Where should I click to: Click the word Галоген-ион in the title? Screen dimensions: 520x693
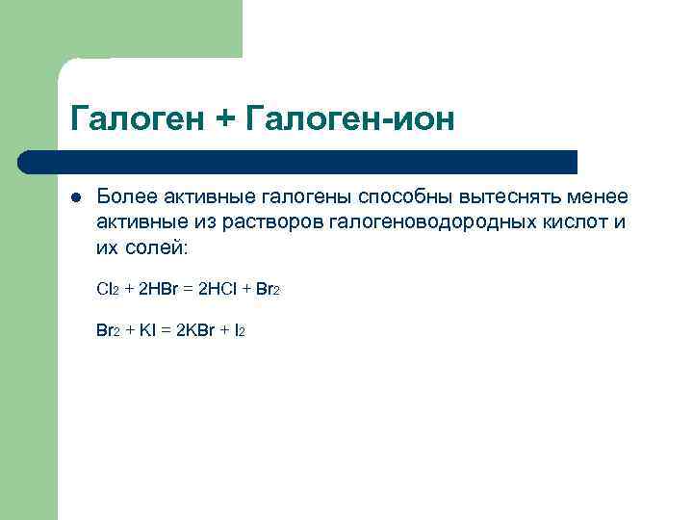coord(349,119)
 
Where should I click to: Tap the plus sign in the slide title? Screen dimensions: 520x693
coord(225,120)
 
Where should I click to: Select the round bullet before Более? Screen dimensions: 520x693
coord(75,197)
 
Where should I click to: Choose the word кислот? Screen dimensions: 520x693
coord(586,223)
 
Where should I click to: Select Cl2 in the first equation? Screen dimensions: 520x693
coord(107,288)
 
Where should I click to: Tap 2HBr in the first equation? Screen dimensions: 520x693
coord(156,288)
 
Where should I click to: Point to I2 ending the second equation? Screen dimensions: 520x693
coord(240,329)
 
